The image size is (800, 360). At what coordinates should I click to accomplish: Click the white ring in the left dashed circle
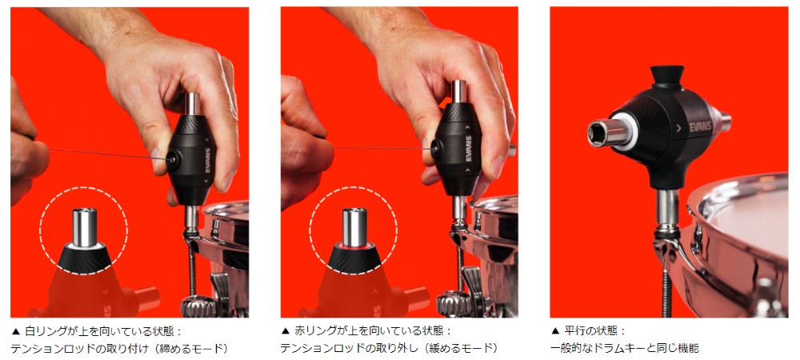point(84,246)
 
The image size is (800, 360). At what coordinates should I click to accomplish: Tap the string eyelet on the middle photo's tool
point(436,149)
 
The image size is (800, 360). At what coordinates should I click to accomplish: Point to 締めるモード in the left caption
point(191,349)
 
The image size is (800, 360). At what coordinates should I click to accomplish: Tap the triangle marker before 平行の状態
point(556,331)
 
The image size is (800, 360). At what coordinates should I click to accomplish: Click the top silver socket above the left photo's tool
point(192,104)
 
